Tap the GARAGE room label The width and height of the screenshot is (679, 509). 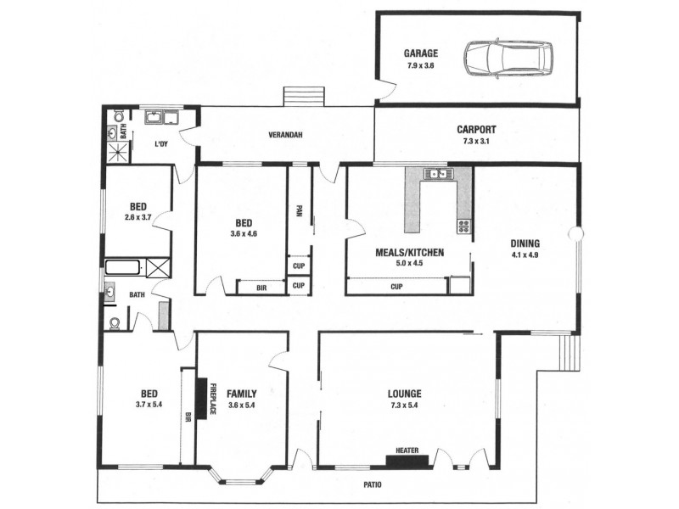(420, 53)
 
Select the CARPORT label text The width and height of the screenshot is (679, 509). (476, 130)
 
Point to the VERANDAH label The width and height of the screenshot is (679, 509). (285, 135)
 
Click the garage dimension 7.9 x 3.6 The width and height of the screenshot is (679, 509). (420, 65)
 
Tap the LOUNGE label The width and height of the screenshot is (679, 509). (405, 393)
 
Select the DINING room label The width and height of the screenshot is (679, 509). (525, 241)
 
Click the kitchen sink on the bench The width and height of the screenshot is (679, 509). (440, 174)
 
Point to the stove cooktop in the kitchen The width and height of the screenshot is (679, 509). (464, 226)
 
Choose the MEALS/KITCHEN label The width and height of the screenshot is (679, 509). (407, 252)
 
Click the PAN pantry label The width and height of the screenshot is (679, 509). (299, 210)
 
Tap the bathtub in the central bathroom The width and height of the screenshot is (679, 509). (124, 269)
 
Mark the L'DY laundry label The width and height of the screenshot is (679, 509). (160, 144)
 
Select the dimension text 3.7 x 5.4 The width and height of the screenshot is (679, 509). (149, 405)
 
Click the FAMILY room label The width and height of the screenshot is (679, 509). (242, 394)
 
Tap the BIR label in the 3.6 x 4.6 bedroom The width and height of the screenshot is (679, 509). (260, 288)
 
